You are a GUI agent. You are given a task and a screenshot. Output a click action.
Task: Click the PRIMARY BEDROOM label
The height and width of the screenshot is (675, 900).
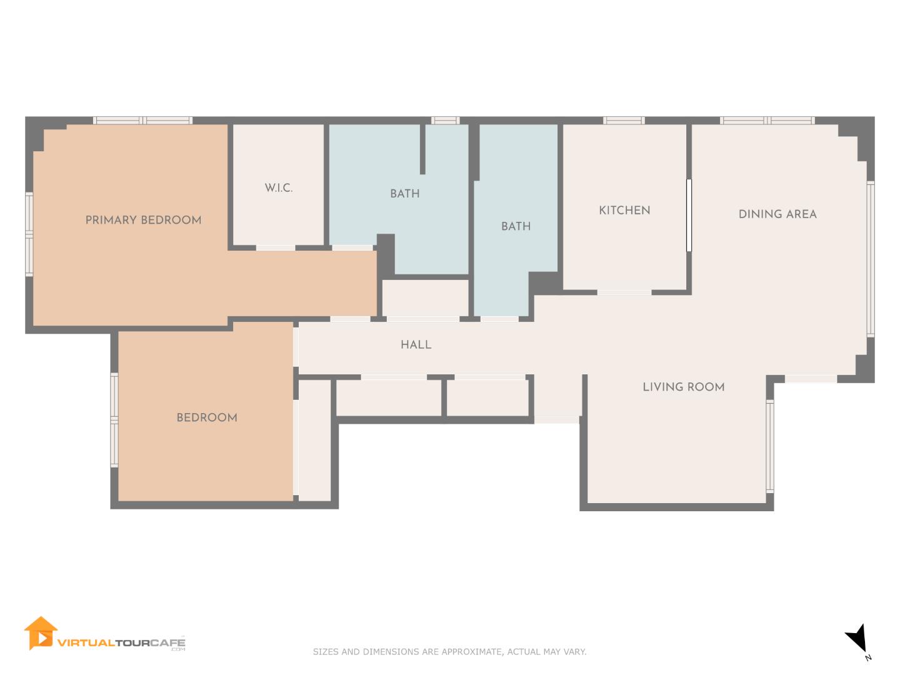pyautogui.click(x=143, y=220)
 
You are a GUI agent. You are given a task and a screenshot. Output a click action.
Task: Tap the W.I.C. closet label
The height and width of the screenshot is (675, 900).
pyautogui.click(x=278, y=188)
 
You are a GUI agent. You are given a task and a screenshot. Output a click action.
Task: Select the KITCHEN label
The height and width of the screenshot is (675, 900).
pyautogui.click(x=624, y=211)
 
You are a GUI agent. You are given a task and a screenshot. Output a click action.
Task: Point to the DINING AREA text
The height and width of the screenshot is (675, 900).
pyautogui.click(x=777, y=214)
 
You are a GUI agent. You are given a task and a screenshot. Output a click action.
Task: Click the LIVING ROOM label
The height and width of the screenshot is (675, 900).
pyautogui.click(x=684, y=387)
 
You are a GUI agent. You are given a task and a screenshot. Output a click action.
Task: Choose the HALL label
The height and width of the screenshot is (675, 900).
pyautogui.click(x=416, y=344)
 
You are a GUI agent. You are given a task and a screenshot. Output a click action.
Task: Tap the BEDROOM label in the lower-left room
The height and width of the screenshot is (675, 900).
pyautogui.click(x=207, y=417)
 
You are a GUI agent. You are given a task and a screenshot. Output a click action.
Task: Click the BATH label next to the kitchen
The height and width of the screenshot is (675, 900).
pyautogui.click(x=516, y=226)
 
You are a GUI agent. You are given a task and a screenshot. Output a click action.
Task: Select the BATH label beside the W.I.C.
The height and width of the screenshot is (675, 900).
pyautogui.click(x=405, y=194)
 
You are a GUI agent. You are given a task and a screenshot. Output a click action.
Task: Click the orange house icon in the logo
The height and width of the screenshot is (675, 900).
pyautogui.click(x=41, y=632)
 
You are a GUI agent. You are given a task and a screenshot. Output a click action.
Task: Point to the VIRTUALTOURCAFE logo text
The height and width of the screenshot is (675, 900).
pyautogui.click(x=121, y=642)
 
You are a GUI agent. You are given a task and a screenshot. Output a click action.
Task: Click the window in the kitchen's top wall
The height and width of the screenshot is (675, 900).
pyautogui.click(x=624, y=121)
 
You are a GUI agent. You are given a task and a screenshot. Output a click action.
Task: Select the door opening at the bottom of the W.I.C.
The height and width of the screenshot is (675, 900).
pyautogui.click(x=276, y=248)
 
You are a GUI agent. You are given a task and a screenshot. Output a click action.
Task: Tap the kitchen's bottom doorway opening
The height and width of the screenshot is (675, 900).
pyautogui.click(x=624, y=292)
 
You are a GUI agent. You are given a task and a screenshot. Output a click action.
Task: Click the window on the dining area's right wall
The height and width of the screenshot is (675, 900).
pyautogui.click(x=871, y=259)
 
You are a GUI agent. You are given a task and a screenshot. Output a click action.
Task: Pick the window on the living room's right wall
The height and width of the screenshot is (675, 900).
pyautogui.click(x=770, y=446)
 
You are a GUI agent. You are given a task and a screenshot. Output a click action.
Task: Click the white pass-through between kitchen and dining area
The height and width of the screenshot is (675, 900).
pyautogui.click(x=689, y=215)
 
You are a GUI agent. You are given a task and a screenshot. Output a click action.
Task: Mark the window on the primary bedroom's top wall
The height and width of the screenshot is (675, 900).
pyautogui.click(x=142, y=121)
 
